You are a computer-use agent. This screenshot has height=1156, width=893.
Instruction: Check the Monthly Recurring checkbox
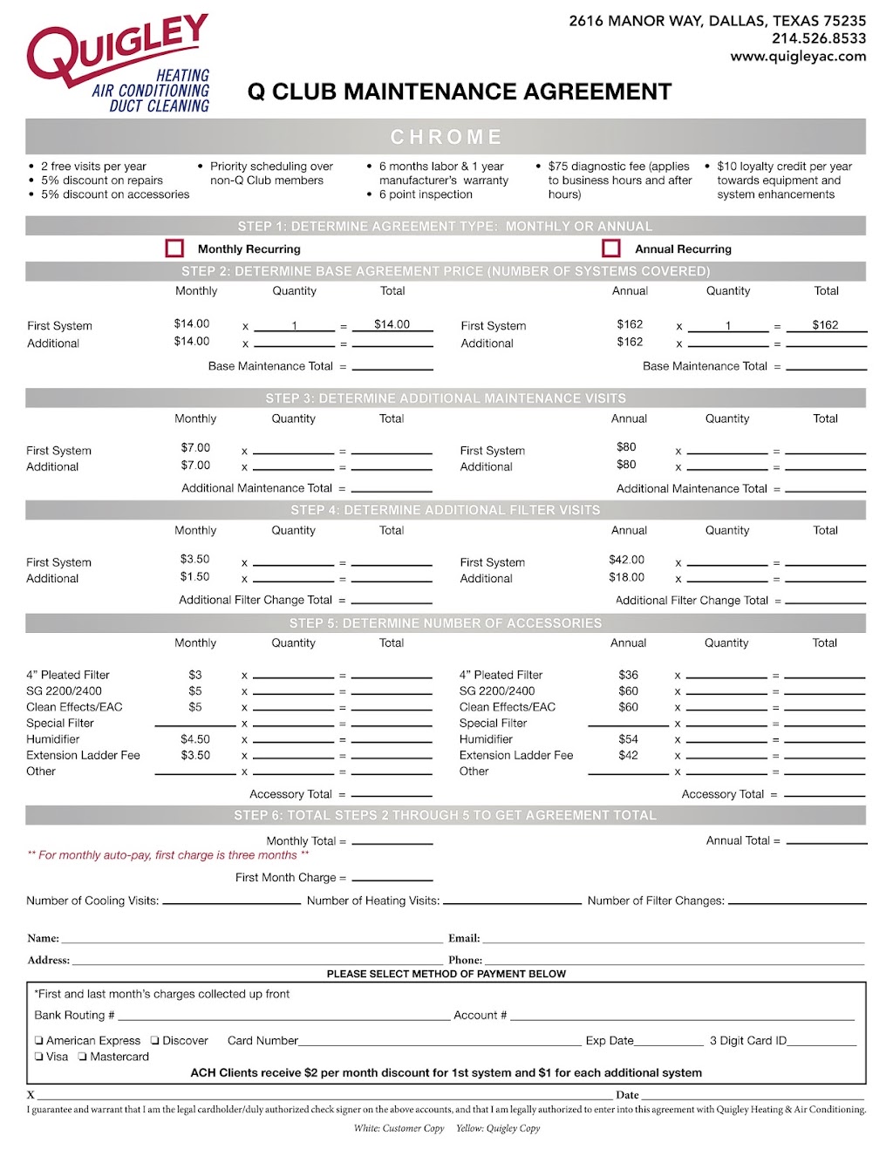[174, 248]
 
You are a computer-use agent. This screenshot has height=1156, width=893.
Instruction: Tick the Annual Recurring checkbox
[611, 248]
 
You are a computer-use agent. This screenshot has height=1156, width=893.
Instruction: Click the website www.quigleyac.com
[798, 57]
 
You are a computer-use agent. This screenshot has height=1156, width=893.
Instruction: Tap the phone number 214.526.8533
[819, 38]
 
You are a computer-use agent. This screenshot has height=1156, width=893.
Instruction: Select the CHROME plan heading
[446, 137]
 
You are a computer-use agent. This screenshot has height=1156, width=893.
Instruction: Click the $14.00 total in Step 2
[392, 324]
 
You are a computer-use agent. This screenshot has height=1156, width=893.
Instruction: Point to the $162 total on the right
[825, 325]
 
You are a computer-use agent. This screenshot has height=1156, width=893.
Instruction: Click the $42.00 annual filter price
[626, 560]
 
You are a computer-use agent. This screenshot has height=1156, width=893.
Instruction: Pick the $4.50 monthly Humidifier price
[195, 739]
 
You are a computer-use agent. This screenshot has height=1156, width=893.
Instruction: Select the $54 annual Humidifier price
[628, 739]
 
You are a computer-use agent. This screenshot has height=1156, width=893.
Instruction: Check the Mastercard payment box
[82, 1057]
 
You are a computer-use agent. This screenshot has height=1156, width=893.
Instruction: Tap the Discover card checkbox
[155, 1041]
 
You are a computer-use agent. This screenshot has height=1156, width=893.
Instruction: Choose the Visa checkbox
[39, 1057]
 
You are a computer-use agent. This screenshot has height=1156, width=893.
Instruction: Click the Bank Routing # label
[74, 1016]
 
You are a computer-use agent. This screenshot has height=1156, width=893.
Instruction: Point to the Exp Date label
[610, 1041]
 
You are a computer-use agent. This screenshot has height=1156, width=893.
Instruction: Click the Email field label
[464, 939]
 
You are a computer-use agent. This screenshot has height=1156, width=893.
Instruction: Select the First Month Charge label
[290, 878]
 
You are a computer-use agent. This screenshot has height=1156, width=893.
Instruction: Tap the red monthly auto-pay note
[168, 855]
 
